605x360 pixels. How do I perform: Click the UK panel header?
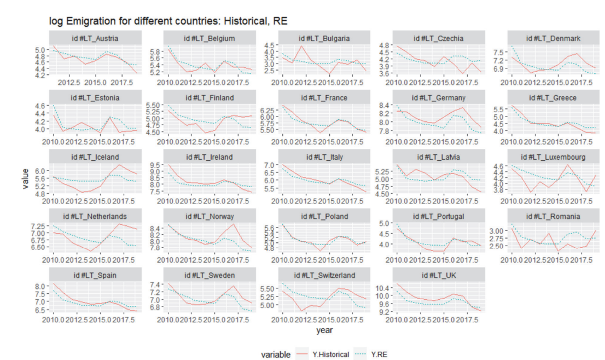434,275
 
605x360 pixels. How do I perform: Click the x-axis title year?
324,330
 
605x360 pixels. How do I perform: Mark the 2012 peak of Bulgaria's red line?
301,46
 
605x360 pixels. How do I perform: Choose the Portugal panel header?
434,217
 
